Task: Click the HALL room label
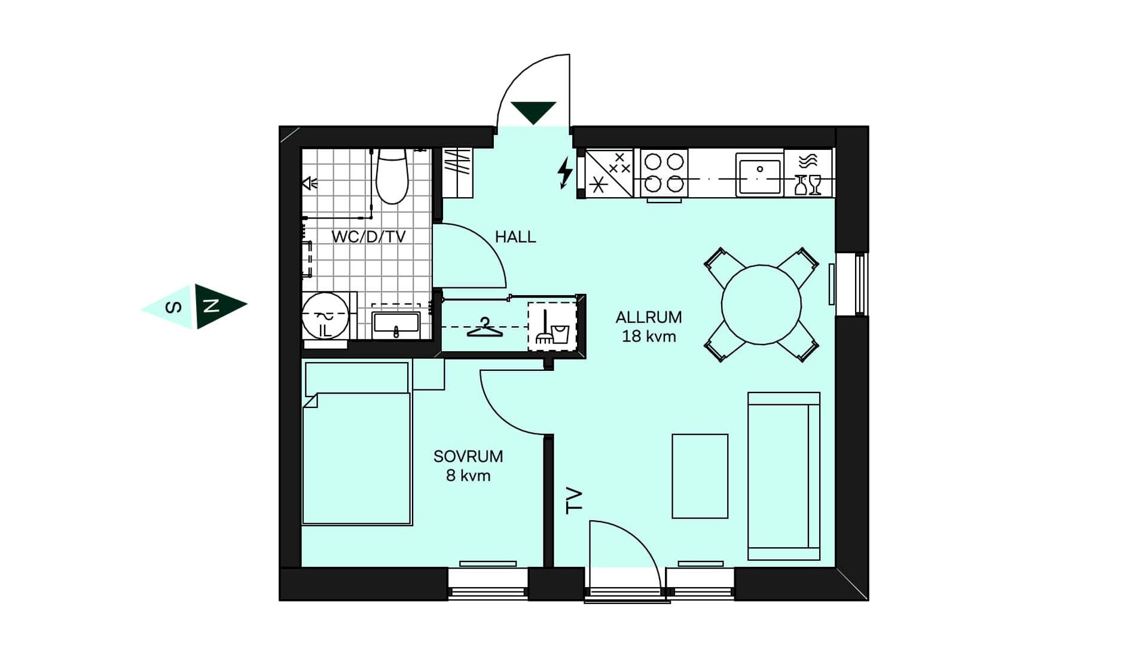pos(515,237)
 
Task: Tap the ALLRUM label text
pos(649,317)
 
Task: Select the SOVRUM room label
pos(468,456)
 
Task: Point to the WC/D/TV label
pos(368,237)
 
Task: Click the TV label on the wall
pos(574,501)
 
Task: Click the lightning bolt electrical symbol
pos(564,173)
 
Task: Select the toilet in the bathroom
pos(392,176)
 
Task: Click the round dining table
pos(761,305)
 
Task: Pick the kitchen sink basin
pos(760,174)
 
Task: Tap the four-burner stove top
pos(664,173)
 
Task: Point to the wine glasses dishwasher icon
pos(808,185)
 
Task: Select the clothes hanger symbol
pos(484,327)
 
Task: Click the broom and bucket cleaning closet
pos(552,327)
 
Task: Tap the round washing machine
pos(325,316)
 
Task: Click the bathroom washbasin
pos(396,324)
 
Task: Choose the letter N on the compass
pos(211,306)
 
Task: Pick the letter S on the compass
pos(173,308)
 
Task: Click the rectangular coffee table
pos(700,476)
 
